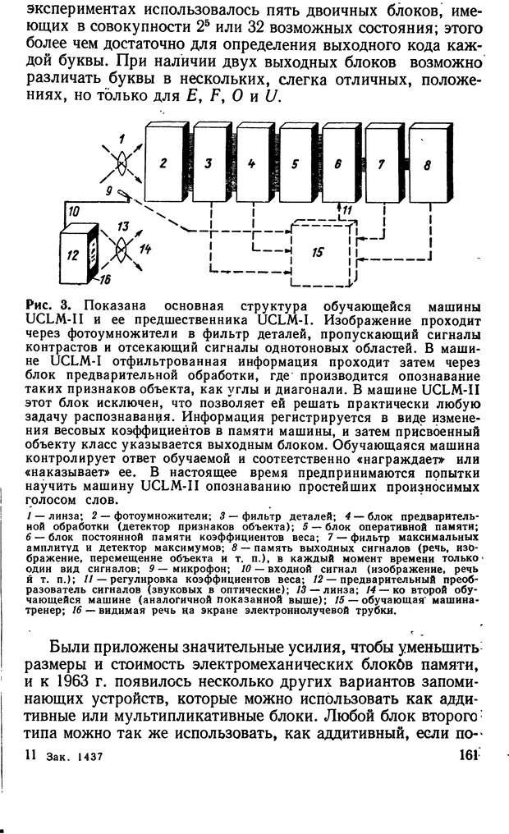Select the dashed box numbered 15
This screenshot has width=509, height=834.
[318, 252]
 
